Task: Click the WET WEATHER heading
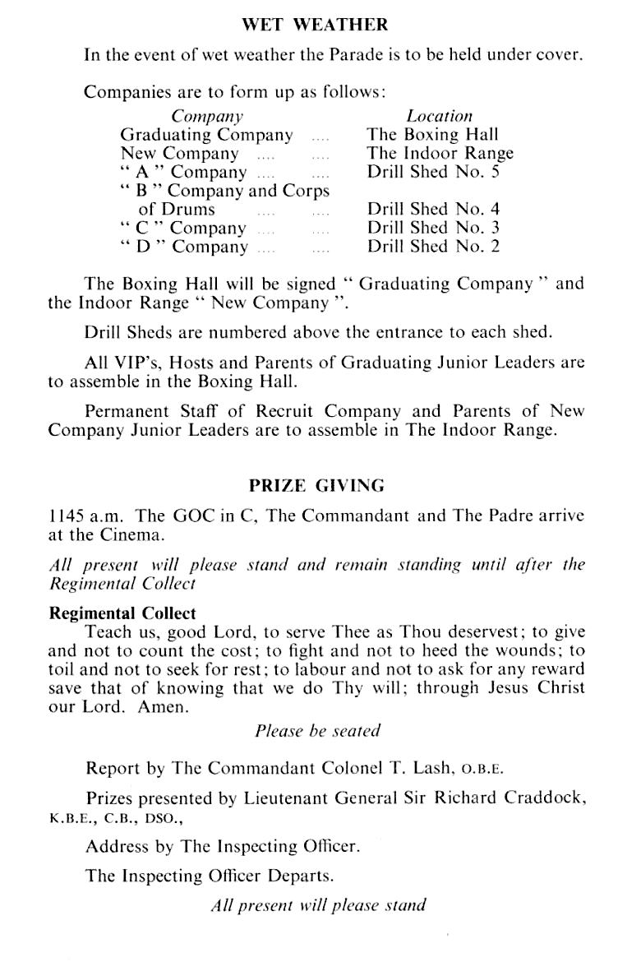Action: (x=316, y=25)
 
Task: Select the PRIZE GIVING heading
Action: (x=316, y=486)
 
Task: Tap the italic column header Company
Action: (x=207, y=117)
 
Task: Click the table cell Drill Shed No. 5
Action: (x=433, y=172)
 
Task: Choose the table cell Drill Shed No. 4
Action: (x=433, y=209)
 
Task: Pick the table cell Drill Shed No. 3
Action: (x=433, y=228)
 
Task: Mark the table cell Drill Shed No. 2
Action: (x=433, y=247)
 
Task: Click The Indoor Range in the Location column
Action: (x=440, y=153)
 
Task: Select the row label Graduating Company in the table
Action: (x=206, y=135)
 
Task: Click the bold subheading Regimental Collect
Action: (x=123, y=613)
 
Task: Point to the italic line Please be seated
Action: (x=317, y=730)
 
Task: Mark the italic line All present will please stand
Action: (x=318, y=905)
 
